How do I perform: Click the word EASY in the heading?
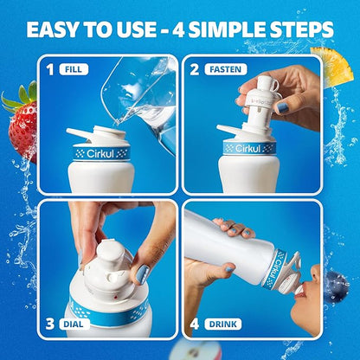coord(52,29)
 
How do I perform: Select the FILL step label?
coord(74,69)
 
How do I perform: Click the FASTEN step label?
coord(226,69)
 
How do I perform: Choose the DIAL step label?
coord(74,324)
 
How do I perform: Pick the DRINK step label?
coord(223,324)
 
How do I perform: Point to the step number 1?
coord(50,70)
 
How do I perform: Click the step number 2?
coord(195,70)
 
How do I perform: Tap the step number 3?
coord(49,324)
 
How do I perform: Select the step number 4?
coord(195,324)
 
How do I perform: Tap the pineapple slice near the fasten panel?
coord(331,67)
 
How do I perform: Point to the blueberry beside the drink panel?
coord(337,287)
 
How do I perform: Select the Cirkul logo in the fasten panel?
coord(249,148)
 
